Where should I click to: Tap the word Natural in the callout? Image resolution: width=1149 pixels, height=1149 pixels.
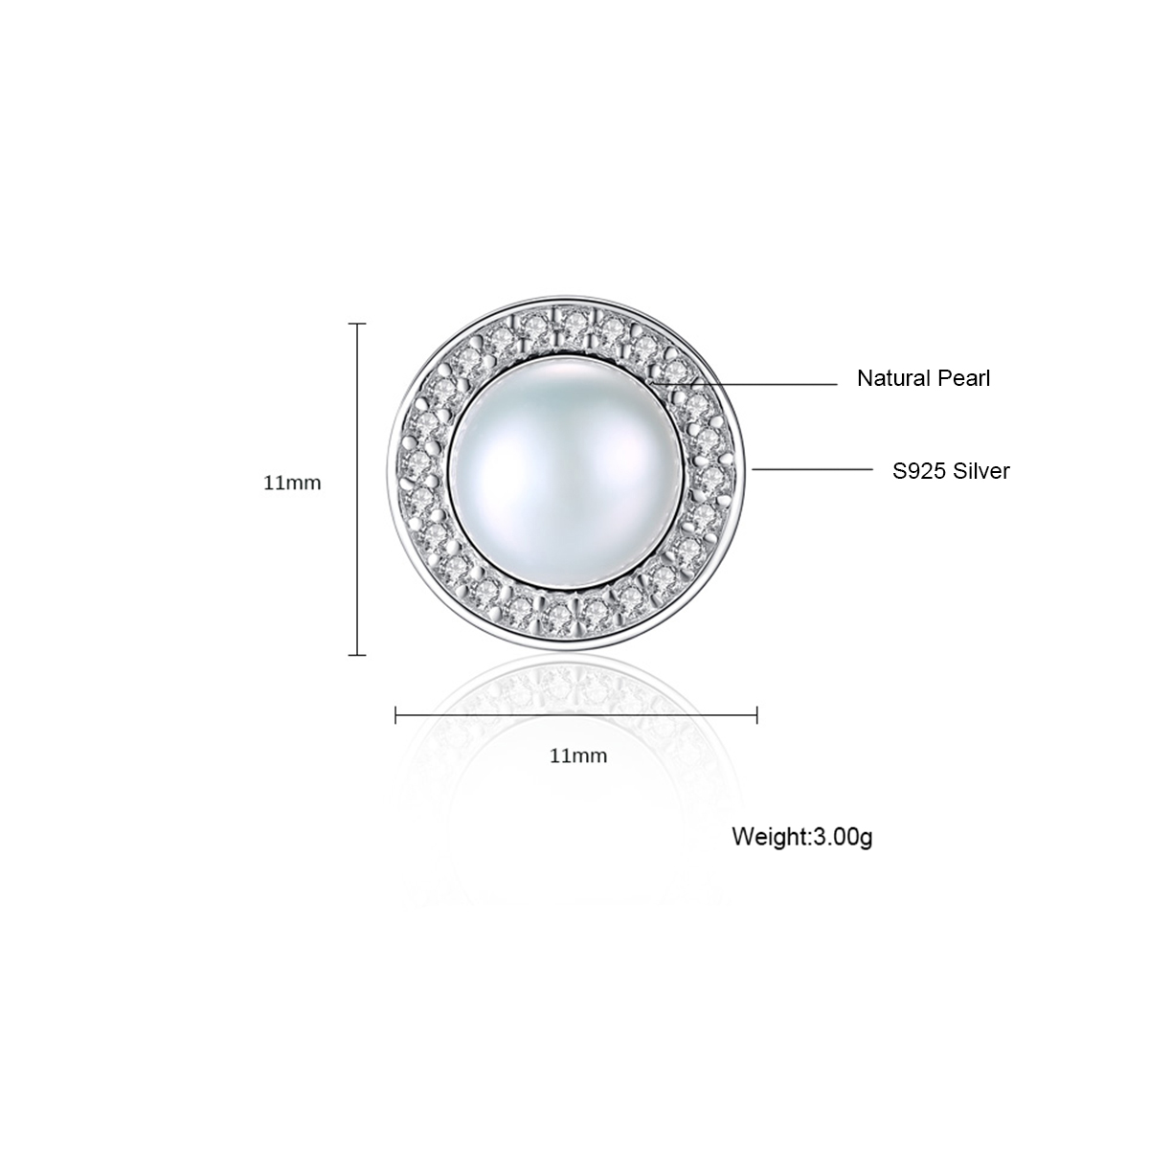pyautogui.click(x=894, y=378)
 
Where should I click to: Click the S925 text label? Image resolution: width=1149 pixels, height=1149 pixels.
pyautogui.click(x=919, y=471)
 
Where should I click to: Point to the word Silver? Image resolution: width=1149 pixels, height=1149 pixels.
pyautogui.click(x=981, y=471)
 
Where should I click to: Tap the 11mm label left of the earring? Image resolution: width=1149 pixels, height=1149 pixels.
pyautogui.click(x=292, y=483)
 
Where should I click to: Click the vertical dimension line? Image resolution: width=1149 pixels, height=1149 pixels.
pyautogui.click(x=357, y=489)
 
